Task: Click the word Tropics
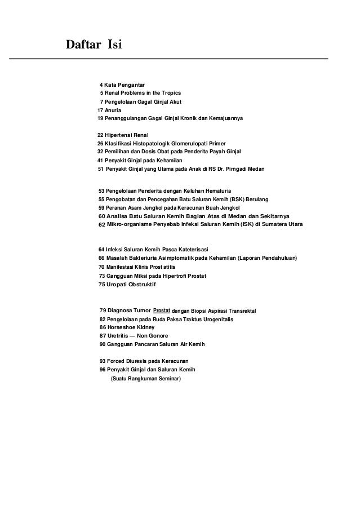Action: click(x=170, y=93)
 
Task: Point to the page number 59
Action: click(x=101, y=207)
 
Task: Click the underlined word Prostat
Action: click(x=162, y=310)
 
